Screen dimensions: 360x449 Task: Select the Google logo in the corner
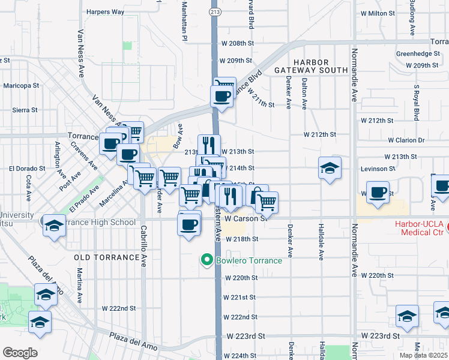pos(20,353)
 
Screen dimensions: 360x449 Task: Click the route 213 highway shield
pos(215,11)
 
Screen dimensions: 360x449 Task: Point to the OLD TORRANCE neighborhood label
pos(107,257)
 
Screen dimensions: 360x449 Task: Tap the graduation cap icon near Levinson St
pos(330,169)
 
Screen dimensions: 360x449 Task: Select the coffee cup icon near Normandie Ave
pos(378,193)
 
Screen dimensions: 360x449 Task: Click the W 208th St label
pos(238,44)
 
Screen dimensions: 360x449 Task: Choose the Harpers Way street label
pos(105,11)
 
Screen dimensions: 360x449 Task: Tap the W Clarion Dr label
pos(406,140)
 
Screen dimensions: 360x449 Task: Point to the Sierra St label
pos(25,110)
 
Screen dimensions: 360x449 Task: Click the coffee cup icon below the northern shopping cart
pos(221,95)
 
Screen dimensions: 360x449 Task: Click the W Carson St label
pos(246,219)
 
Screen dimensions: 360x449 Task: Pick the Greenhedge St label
pos(418,54)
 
